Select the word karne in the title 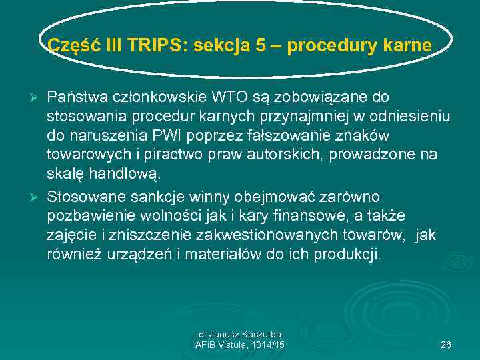(408, 46)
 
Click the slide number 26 (445, 345)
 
